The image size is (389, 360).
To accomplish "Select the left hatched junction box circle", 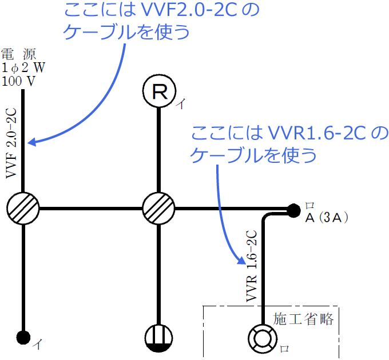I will [23, 208].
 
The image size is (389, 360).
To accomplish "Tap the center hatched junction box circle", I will [158, 208].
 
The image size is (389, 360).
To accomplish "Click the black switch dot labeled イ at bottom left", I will [23, 337].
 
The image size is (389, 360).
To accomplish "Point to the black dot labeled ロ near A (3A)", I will [293, 210].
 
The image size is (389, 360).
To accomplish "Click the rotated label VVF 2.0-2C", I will [11, 147].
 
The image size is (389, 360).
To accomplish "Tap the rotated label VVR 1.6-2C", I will [251, 266].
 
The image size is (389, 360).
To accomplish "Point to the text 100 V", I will [18, 81].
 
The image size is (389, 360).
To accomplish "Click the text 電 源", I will [19, 55].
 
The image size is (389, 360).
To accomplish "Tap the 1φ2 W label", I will [23, 67].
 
